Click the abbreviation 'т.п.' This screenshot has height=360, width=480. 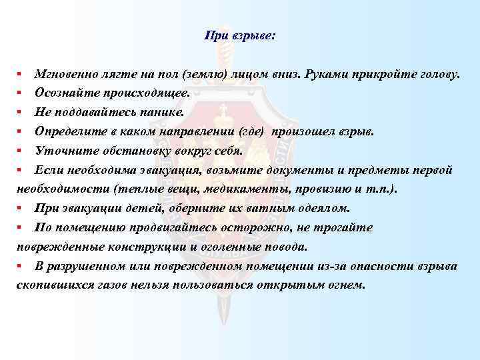tap(381, 189)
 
